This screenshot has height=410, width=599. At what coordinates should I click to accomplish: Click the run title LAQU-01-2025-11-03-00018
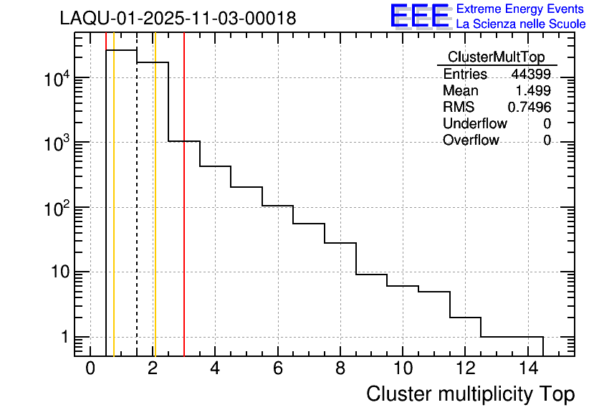coord(178,19)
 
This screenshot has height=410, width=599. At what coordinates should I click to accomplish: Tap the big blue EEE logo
coord(420,16)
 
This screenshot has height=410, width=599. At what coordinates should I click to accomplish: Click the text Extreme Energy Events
coord(521,9)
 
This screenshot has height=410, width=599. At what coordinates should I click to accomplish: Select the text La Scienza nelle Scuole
coord(521,24)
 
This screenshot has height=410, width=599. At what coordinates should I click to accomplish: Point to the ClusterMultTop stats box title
coord(496,57)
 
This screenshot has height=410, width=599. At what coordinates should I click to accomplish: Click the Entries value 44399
coord(531,74)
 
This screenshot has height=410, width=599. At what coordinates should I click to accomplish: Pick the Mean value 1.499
coord(533,91)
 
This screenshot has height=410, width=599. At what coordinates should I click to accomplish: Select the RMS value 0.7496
coord(529,107)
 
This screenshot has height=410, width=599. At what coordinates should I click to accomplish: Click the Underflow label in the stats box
coord(474,123)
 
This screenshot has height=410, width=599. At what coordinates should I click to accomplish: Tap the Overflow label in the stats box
coord(471,140)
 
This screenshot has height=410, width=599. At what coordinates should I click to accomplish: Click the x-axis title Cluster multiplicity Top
coord(471,394)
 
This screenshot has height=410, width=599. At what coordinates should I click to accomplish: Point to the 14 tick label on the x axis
coord(527,368)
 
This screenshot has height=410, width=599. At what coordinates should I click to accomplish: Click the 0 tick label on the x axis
coord(90,368)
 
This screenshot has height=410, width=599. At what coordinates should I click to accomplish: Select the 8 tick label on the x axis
coord(340,368)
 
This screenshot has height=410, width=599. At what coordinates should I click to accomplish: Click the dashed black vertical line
coord(137,215)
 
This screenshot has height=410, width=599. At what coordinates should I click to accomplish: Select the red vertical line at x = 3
coord(184,215)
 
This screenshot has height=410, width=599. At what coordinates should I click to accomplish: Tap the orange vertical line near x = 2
coord(155,215)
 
